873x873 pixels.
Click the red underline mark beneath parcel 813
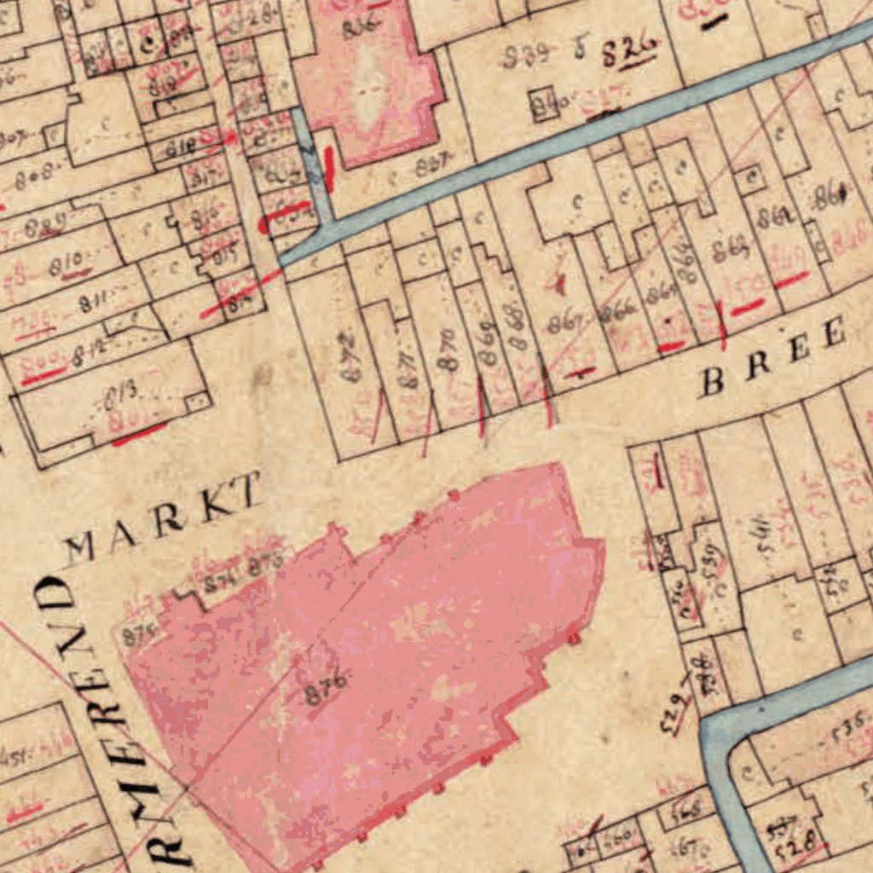click(139, 434)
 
